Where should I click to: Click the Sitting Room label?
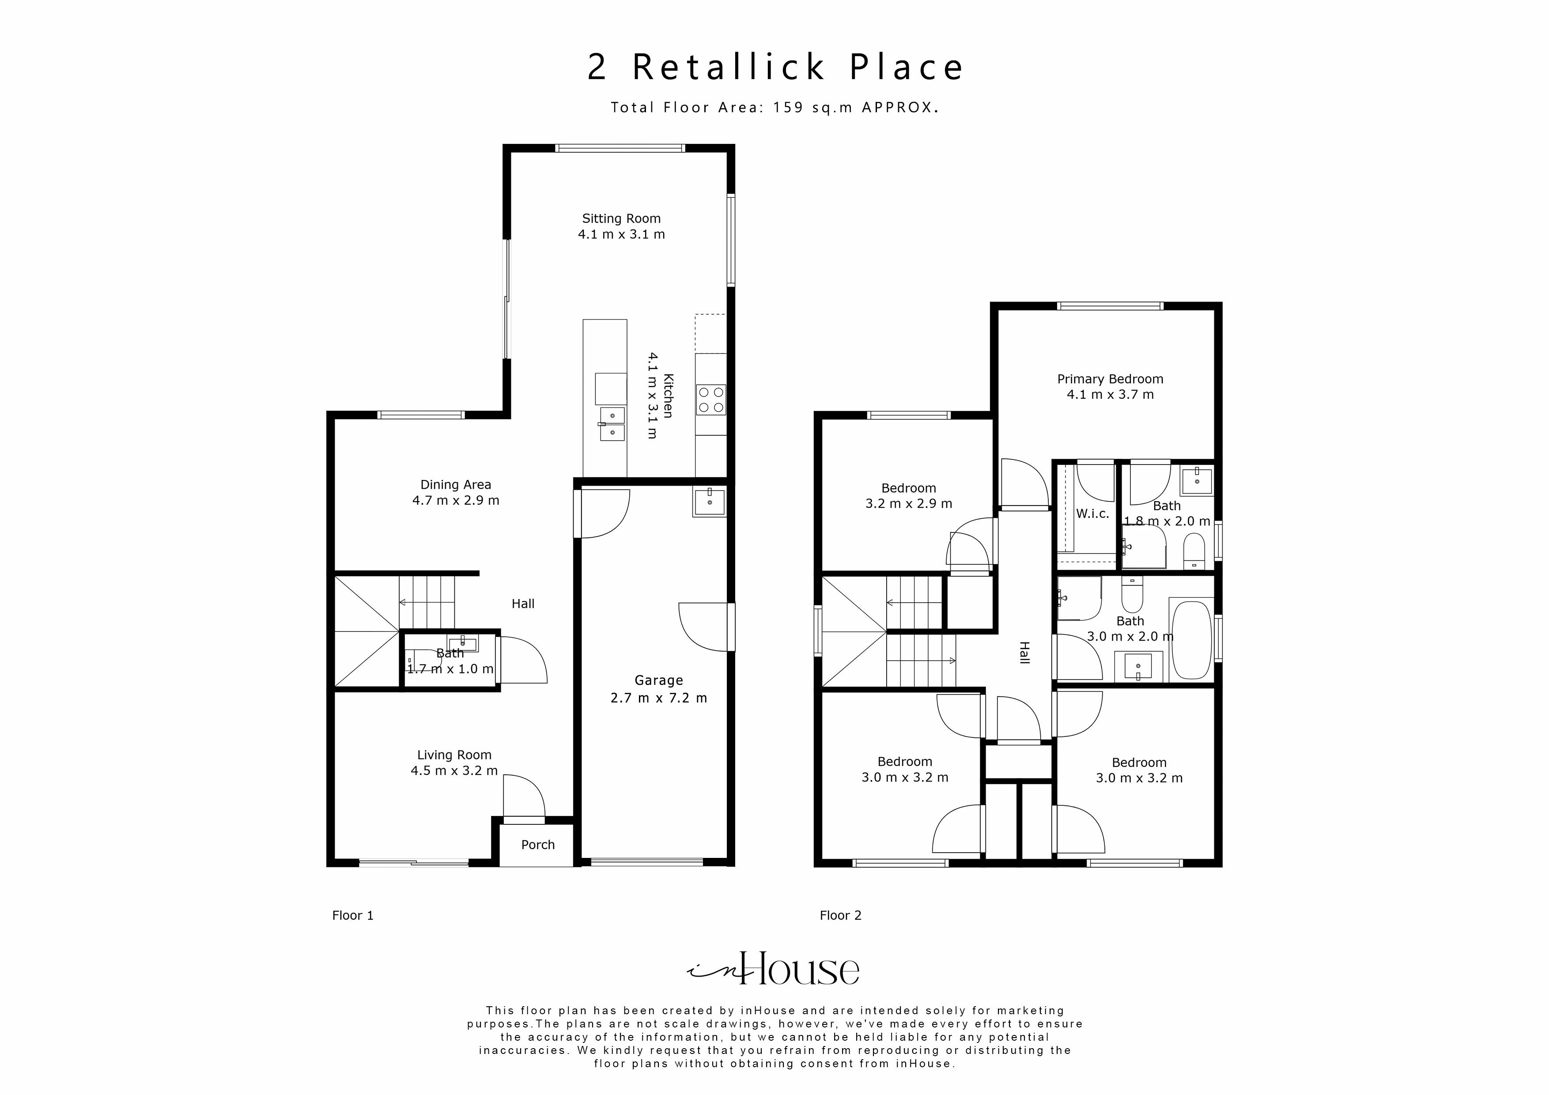(621, 219)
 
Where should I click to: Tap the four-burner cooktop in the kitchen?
(710, 400)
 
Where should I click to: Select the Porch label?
(538, 845)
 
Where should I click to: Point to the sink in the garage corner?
(709, 502)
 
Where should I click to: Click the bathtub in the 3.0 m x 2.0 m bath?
(1192, 640)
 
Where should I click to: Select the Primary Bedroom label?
(1110, 379)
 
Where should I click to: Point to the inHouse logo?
(774, 970)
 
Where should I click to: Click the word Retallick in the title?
(728, 68)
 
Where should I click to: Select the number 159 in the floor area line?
(788, 107)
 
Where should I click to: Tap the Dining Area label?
(455, 484)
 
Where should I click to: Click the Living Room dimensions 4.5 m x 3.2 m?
(454, 770)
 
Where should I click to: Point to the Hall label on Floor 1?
(523, 604)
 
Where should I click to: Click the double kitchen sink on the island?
(612, 423)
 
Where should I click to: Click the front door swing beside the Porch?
(524, 796)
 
